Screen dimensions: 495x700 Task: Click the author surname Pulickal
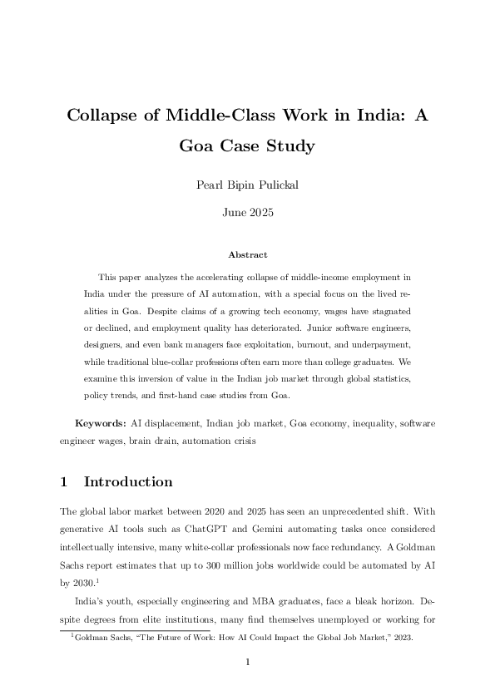pos(274,185)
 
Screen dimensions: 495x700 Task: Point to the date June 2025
pos(247,213)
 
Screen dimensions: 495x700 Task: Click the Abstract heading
pos(247,254)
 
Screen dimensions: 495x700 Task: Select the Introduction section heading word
pos(128,482)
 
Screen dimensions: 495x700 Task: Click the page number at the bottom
pos(247,663)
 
